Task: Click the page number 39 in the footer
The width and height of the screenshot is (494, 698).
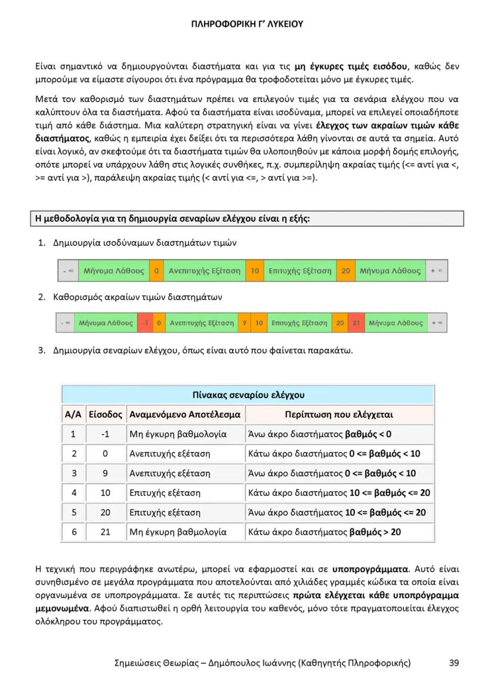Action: click(x=454, y=662)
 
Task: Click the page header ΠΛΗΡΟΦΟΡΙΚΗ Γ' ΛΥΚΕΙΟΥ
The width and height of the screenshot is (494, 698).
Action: click(x=247, y=24)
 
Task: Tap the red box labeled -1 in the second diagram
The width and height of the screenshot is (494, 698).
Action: click(x=144, y=323)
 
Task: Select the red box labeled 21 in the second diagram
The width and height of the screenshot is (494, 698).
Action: click(x=356, y=323)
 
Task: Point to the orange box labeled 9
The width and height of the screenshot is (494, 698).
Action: click(x=244, y=323)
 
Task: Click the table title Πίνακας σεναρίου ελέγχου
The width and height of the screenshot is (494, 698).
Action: click(x=248, y=395)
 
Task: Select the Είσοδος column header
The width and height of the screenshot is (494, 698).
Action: click(x=105, y=414)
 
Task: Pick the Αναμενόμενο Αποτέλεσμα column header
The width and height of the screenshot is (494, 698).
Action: click(x=185, y=414)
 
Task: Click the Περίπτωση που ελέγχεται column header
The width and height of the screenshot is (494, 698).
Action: click(x=339, y=414)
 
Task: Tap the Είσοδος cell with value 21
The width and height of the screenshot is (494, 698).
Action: click(x=105, y=532)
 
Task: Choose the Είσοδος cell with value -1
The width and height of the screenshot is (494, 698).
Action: click(x=105, y=434)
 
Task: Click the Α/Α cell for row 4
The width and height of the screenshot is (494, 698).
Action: click(x=74, y=493)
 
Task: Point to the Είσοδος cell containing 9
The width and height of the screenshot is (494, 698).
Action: click(x=105, y=473)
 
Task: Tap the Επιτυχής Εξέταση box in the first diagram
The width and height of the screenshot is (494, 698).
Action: click(x=300, y=271)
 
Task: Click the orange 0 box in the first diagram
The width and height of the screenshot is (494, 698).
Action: click(x=156, y=271)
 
